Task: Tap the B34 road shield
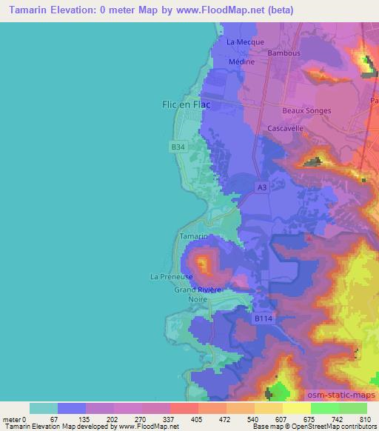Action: click(x=178, y=148)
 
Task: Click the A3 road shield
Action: click(x=263, y=188)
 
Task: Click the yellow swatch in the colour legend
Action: click(x=296, y=408)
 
